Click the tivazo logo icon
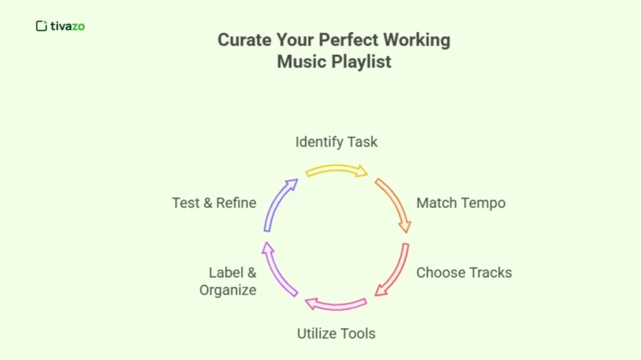pyautogui.click(x=42, y=26)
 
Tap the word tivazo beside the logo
pyautogui.click(x=68, y=26)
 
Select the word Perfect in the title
pyautogui.click(x=347, y=40)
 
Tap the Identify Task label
pyautogui.click(x=336, y=142)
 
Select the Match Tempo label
pyautogui.click(x=461, y=203)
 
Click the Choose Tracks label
pyautogui.click(x=464, y=272)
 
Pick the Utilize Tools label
pyautogui.click(x=336, y=333)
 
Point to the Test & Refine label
pyautogui.click(x=214, y=203)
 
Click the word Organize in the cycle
pyautogui.click(x=228, y=291)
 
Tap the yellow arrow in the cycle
pyautogui.click(x=336, y=170)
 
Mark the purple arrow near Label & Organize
pyautogui.click(x=277, y=269)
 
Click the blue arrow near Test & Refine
pyautogui.click(x=278, y=203)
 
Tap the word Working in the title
pyautogui.click(x=416, y=40)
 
